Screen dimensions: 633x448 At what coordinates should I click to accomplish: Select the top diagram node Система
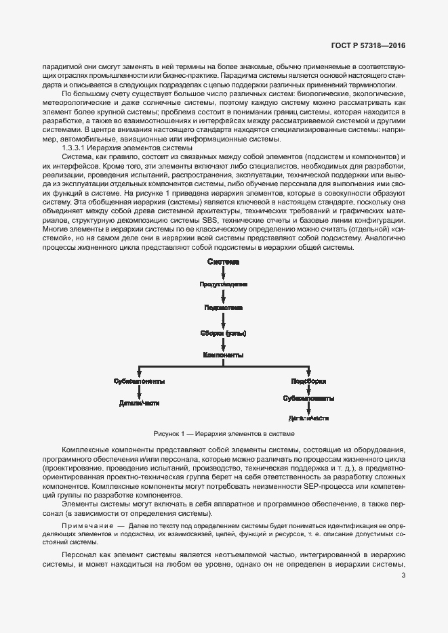point(224,261)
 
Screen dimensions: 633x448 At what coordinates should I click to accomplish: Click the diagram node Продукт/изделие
point(224,284)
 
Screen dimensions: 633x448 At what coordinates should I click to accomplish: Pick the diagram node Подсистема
point(224,307)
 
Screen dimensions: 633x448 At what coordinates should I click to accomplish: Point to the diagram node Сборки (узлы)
point(224,332)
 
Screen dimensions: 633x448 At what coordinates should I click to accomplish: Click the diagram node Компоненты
point(224,354)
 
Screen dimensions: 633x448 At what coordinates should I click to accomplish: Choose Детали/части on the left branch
point(139,403)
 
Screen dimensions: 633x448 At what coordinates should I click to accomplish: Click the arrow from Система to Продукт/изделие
point(224,272)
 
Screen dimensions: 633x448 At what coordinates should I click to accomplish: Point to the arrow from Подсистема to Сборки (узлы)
point(224,320)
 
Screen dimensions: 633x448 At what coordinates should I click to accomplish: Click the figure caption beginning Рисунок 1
point(224,433)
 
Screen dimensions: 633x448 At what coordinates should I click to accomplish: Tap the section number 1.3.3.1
point(77,147)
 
